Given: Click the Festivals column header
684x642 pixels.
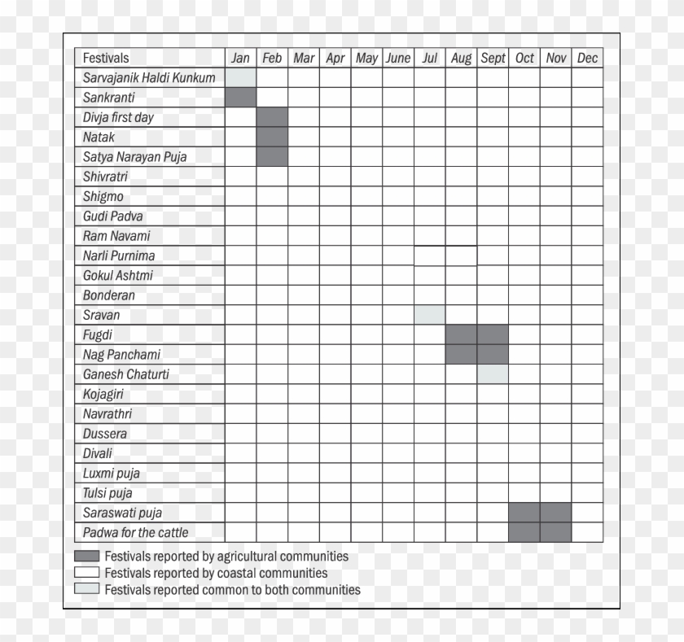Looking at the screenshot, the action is pos(106,58).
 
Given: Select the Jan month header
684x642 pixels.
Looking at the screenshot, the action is pos(240,58).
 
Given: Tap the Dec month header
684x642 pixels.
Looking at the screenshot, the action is pos(587,58).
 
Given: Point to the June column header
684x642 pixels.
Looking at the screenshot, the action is pos(398,58).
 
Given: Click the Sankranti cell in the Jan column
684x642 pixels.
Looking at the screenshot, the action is pos(240,97).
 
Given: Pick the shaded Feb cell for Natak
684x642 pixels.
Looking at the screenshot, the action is pos(272,137).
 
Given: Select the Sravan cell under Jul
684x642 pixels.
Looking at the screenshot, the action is pos(430,315).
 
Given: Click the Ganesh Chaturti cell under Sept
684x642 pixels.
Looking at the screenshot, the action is pos(493,374).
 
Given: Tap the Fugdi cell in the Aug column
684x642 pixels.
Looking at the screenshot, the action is pos(461,334).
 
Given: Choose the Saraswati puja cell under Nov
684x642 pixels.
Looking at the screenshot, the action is pos(556,513).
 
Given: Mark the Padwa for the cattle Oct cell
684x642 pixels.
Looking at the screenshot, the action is pos(524,532).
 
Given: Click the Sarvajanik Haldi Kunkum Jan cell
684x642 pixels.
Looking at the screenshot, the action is pos(240,77).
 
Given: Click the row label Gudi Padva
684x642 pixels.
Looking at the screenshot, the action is pos(112,216).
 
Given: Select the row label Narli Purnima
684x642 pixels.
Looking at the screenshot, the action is pos(119,255).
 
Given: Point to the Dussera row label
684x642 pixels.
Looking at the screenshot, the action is pos(105,434).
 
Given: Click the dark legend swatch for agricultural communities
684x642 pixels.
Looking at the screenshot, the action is pos(86,557).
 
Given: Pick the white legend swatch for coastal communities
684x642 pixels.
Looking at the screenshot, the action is pos(86,573).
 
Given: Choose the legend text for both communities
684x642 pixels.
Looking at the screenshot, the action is pos(232,590).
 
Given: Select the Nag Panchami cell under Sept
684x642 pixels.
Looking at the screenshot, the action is pos(493,355).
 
